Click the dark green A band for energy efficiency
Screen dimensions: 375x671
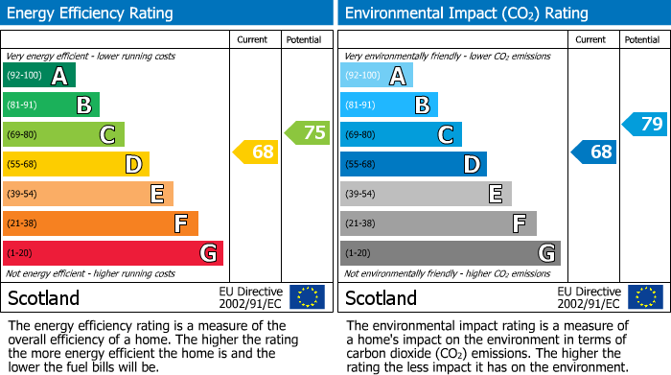[39, 76]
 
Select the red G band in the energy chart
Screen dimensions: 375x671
[113, 253]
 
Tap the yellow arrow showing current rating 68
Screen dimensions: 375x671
[256, 152]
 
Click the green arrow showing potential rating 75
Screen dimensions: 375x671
[308, 133]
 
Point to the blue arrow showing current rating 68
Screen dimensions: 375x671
[594, 152]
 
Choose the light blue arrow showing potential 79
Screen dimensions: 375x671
[645, 124]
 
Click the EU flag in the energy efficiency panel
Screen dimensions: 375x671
[307, 297]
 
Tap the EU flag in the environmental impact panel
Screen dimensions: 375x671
[645, 297]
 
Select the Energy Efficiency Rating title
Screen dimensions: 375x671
[91, 13]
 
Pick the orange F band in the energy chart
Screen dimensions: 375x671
[101, 223]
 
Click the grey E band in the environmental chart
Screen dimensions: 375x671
[426, 194]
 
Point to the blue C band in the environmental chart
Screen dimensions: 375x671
[401, 134]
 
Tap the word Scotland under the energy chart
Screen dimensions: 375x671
[43, 298]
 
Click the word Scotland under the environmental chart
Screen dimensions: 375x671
[381, 298]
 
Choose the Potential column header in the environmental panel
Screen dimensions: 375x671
[642, 40]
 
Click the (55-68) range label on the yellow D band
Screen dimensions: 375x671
[23, 165]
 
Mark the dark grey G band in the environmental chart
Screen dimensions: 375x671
[450, 253]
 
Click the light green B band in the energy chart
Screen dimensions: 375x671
[52, 105]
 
